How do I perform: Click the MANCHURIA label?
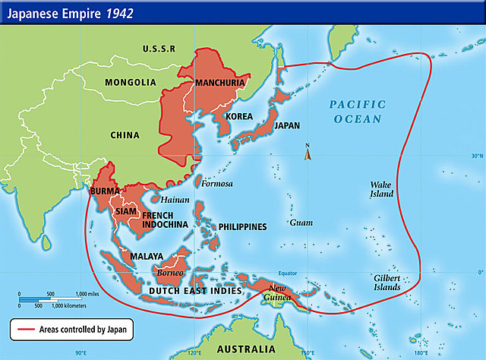coord(220,82)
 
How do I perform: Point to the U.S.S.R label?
coord(159,49)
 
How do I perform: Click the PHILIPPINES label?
coord(242,227)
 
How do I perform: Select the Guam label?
coord(301,223)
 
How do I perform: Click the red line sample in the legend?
coord(24,329)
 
